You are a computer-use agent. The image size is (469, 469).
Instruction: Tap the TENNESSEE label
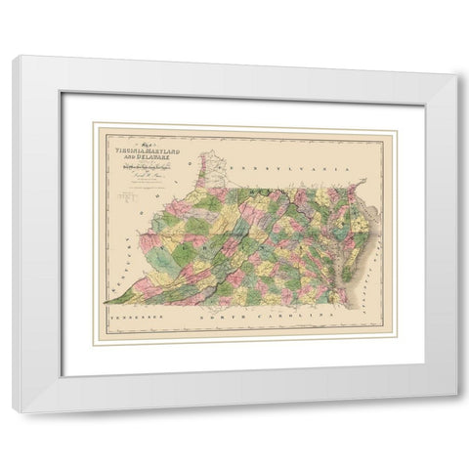[137, 319]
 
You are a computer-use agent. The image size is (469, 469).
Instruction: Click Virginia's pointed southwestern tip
[105, 303]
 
